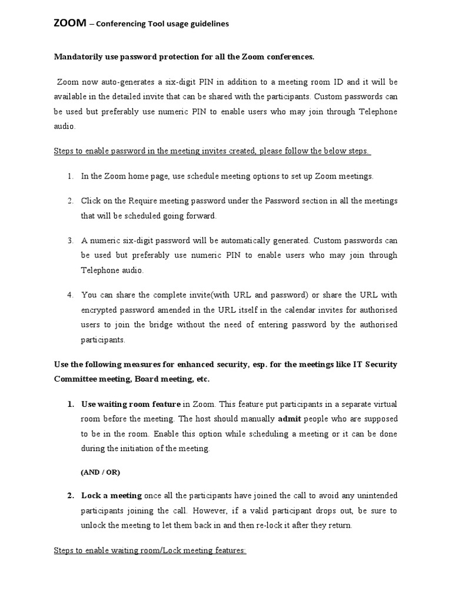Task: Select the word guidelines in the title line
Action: [x=208, y=24]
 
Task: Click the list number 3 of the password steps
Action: [x=69, y=240]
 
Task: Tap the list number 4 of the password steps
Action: [x=69, y=294]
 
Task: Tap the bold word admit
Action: [x=290, y=419]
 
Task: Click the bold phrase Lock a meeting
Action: [x=111, y=495]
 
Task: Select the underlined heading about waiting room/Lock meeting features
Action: [x=150, y=551]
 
